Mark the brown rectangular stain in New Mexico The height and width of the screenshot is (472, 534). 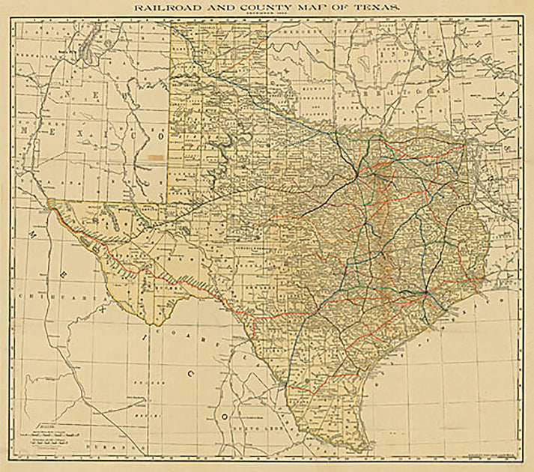point(156,157)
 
